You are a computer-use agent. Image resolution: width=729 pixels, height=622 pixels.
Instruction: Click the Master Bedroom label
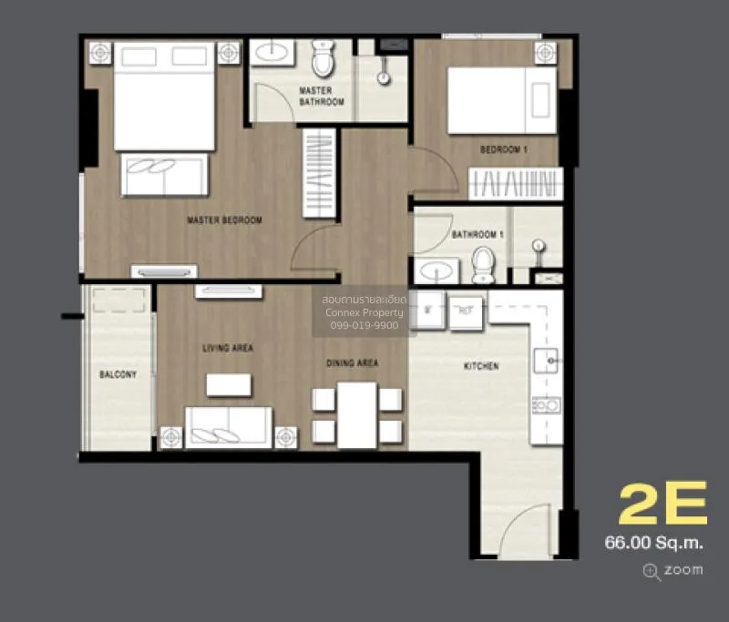(224, 219)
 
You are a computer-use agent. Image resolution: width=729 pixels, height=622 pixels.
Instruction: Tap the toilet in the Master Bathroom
(323, 58)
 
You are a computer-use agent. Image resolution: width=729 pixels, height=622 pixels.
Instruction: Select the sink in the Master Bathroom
(272, 52)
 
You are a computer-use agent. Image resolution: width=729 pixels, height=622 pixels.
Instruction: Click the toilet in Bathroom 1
(484, 264)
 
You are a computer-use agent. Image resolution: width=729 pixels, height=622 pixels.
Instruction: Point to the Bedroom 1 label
(504, 149)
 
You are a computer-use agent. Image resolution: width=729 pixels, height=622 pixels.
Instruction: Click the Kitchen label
(481, 366)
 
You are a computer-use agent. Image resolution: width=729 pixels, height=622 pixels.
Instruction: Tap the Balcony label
(118, 374)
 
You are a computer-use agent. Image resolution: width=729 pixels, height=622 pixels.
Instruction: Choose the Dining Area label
(353, 362)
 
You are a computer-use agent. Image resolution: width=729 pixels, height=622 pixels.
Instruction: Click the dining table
(357, 415)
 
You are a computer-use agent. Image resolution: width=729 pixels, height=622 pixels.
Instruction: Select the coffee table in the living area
(229, 385)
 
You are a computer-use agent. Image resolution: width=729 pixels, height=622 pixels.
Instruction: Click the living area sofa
(229, 427)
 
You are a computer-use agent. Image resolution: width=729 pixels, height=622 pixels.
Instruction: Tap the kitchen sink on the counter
(546, 361)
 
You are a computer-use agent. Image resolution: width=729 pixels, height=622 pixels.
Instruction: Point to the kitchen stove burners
(546, 405)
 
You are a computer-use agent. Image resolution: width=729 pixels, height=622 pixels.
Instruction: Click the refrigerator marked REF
(466, 312)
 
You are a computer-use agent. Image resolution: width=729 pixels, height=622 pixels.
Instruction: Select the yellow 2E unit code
(663, 503)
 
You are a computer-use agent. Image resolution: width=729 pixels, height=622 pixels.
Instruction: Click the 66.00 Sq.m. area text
(653, 543)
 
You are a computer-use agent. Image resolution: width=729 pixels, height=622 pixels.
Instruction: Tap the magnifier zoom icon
(652, 572)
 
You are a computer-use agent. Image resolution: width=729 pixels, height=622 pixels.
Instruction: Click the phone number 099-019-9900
(364, 325)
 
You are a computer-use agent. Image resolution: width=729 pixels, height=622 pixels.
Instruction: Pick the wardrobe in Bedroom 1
(516, 183)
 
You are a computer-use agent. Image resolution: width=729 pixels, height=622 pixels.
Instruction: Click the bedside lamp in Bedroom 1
(545, 53)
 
